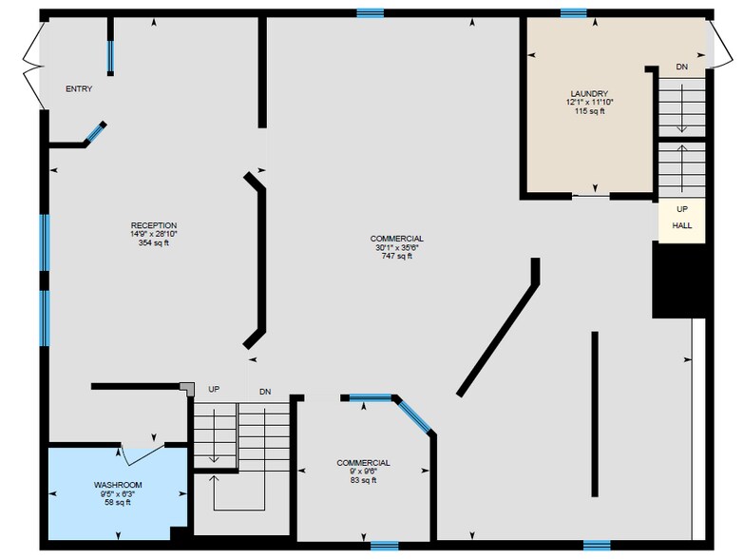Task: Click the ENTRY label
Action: tap(79, 89)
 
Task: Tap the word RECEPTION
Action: tap(154, 225)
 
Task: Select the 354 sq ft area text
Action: tap(154, 243)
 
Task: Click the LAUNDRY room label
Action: tap(589, 94)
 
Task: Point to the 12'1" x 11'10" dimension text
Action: tap(589, 103)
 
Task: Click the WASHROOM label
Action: tap(118, 485)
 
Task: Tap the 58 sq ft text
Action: tap(118, 503)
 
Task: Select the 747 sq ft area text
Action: tap(397, 257)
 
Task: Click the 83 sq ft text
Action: tap(364, 480)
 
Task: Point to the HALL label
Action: tap(682, 225)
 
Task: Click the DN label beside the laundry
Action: tap(682, 67)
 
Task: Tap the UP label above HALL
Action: tap(682, 209)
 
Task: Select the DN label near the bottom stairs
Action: tap(265, 392)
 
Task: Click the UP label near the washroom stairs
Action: tap(214, 389)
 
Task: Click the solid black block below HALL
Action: tap(679, 279)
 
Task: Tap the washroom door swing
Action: tap(143, 454)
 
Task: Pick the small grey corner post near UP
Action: tap(188, 389)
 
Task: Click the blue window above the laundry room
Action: tap(573, 12)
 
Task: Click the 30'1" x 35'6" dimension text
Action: tap(397, 247)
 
